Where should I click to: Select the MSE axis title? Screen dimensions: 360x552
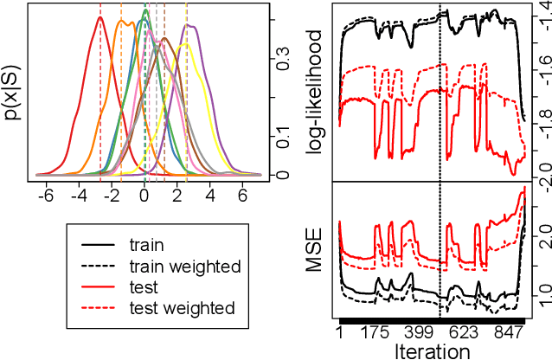click(315, 251)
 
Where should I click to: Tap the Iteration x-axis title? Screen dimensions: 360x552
click(432, 350)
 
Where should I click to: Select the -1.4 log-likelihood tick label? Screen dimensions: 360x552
click(541, 17)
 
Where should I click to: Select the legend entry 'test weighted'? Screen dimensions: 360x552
click(180, 307)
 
